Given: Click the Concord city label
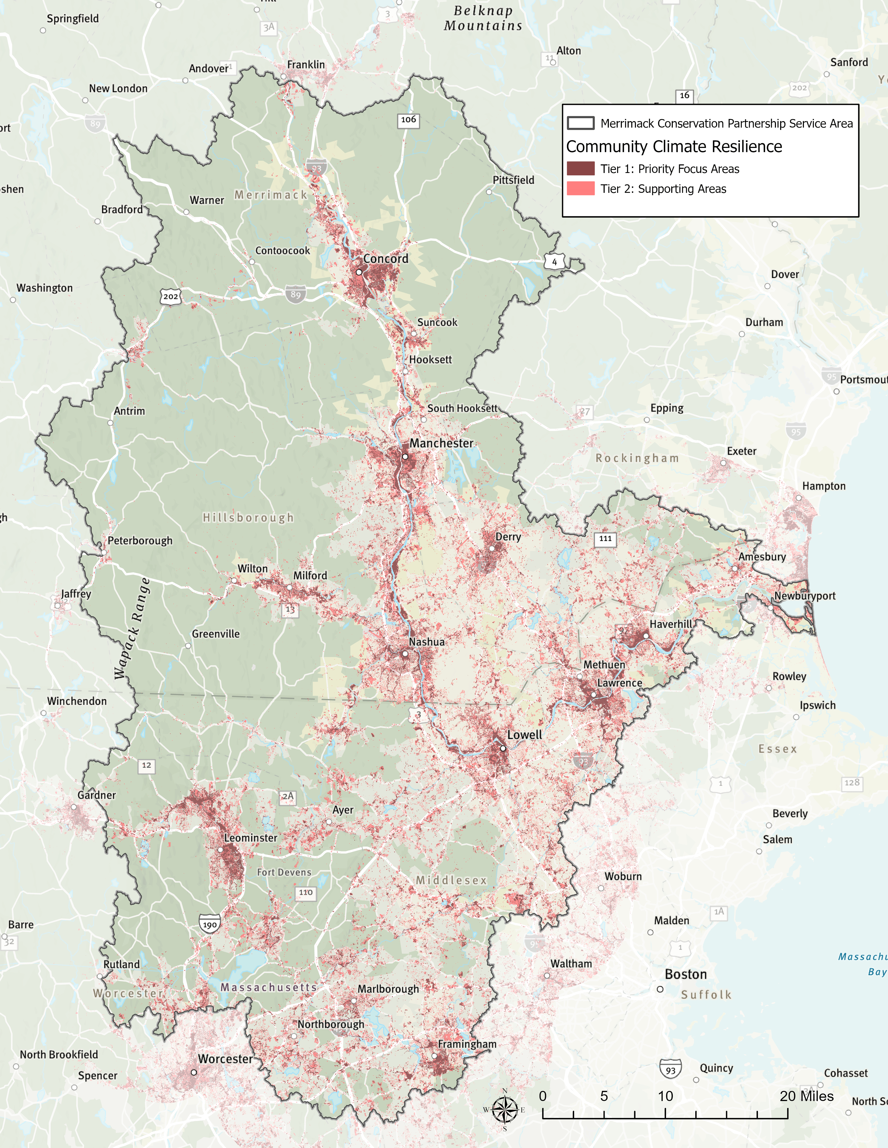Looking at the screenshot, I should (x=385, y=259).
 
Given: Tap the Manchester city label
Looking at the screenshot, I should (x=441, y=443).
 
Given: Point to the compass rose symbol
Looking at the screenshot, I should (x=505, y=1110).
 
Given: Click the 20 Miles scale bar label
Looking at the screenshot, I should (x=807, y=1096).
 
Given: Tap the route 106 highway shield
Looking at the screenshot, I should (x=408, y=120).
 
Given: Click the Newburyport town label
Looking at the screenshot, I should (x=804, y=596).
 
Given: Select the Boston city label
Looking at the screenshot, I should (x=686, y=974).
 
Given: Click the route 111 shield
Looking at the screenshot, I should (x=605, y=538).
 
